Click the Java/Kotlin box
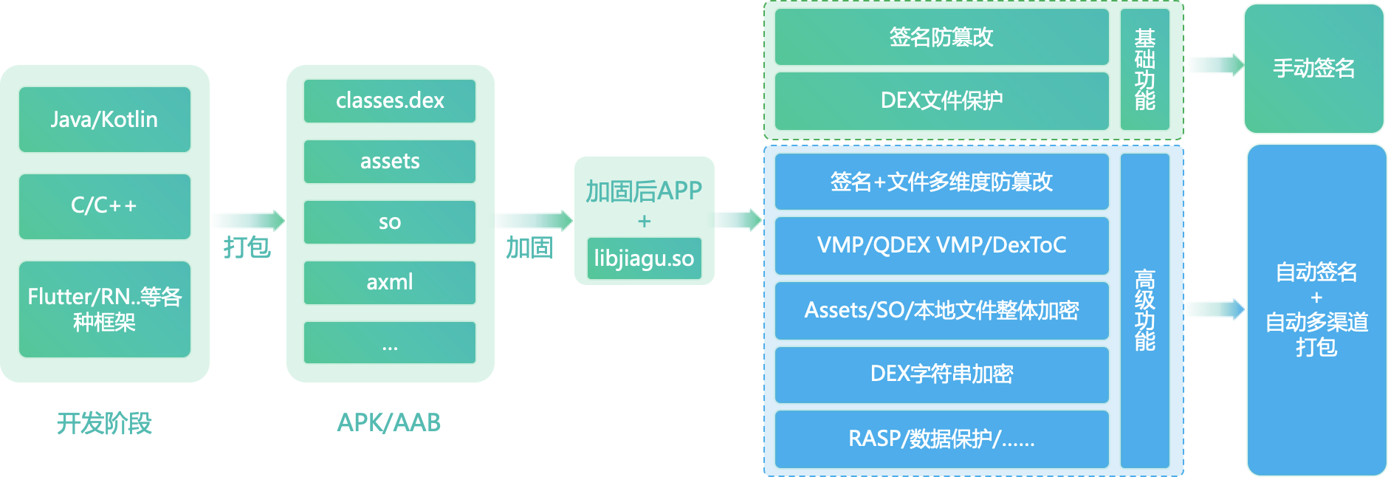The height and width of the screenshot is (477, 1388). tap(104, 120)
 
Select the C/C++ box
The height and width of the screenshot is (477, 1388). tap(104, 206)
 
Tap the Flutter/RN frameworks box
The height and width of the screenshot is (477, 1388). tap(104, 309)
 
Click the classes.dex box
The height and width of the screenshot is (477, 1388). tap(390, 100)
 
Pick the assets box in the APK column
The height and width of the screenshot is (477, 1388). tap(390, 161)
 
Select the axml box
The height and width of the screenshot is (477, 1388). tap(390, 282)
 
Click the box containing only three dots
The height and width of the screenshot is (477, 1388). tap(390, 343)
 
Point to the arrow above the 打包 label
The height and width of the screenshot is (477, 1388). tap(247, 220)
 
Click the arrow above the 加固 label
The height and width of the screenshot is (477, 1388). tap(532, 220)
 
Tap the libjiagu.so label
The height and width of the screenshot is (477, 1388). tap(644, 258)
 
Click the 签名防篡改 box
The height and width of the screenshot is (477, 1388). tap(941, 37)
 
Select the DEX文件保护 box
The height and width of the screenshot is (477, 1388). tap(941, 100)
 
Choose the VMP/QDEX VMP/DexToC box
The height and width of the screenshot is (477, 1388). tap(941, 245)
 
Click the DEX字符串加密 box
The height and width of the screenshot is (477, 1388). tap(941, 374)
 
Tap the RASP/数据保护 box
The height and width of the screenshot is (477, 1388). tap(941, 439)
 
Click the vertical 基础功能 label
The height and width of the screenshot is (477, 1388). tap(1144, 69)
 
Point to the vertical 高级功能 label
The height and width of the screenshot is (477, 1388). tap(1144, 310)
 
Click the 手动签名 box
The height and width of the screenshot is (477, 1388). tap(1313, 68)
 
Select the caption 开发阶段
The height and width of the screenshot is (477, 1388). tap(104, 423)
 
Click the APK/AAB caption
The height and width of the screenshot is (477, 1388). tap(389, 422)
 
